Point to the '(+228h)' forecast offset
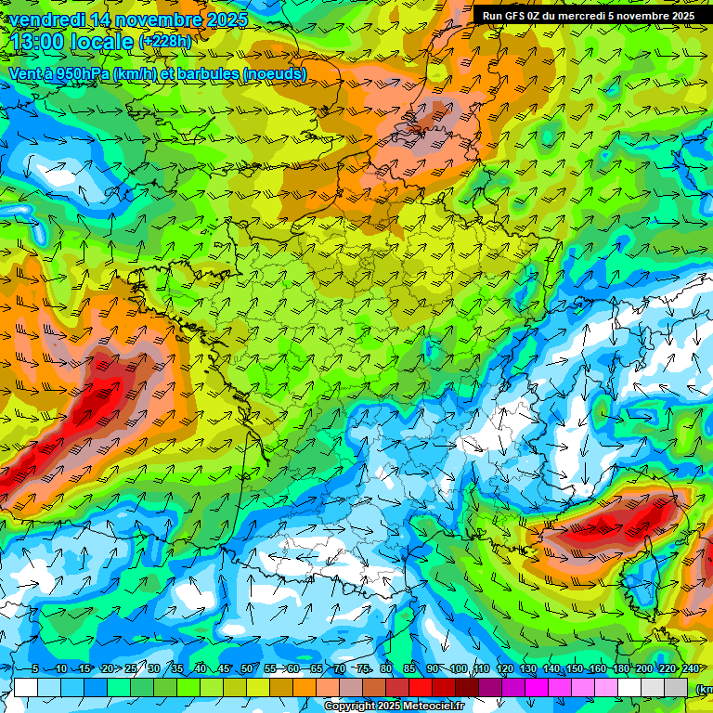pos(165,42)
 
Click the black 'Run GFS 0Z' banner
pos(589,15)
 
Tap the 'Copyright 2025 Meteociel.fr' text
pos(394,706)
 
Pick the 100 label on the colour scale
pos(458,669)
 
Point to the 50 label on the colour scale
pos(246,669)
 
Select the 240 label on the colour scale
pos(690,669)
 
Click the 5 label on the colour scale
pos(35,669)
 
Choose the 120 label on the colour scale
pos(504,669)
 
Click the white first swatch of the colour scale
pos(26,687)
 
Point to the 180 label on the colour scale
pos(620,669)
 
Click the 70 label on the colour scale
pos(340,669)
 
